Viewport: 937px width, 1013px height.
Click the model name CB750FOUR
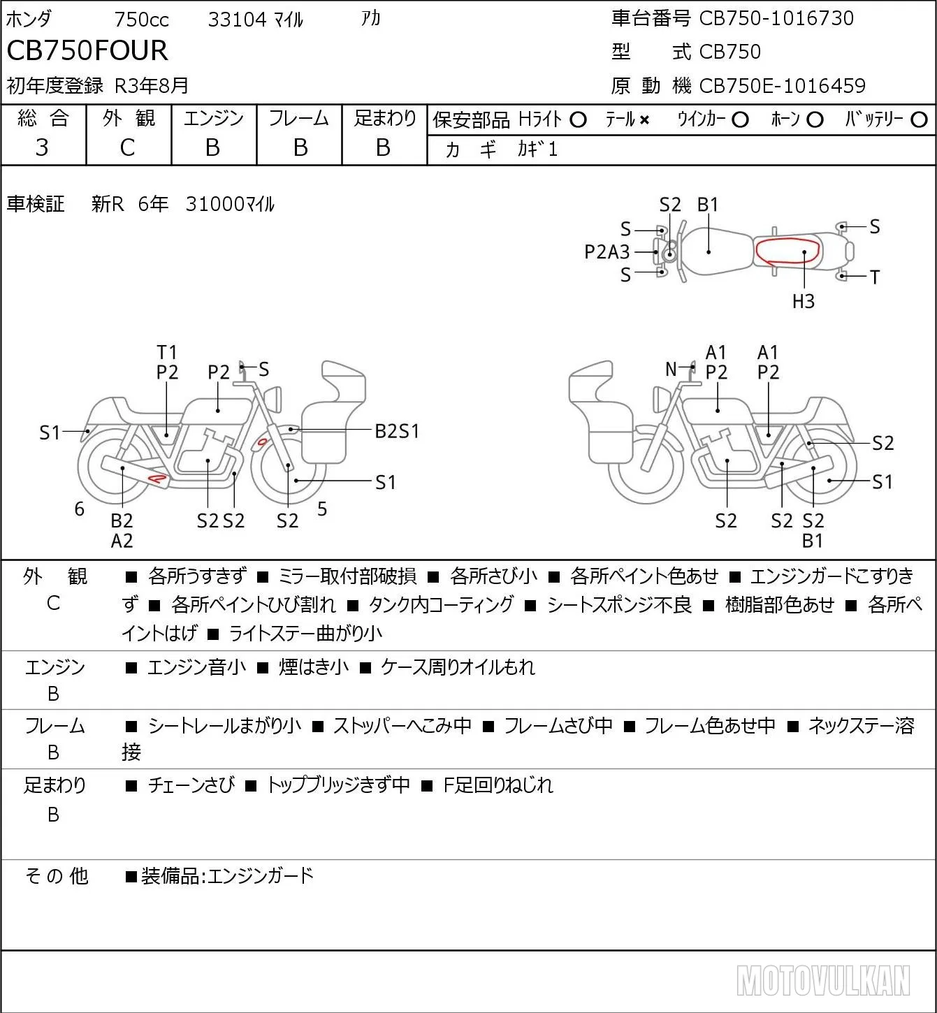coord(87,50)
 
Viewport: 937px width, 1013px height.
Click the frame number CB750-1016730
coord(776,18)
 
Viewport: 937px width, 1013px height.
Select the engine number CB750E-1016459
coord(783,86)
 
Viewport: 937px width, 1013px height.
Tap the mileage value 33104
coord(238,20)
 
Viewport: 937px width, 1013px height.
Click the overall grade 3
coord(42,147)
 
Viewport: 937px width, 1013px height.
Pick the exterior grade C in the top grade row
coord(127,147)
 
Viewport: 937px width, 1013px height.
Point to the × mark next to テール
coord(644,120)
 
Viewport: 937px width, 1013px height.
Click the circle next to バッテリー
coord(919,120)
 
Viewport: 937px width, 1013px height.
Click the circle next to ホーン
coord(815,120)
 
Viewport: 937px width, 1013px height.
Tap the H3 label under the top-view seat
coord(804,301)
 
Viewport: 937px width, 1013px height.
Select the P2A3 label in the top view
coord(606,252)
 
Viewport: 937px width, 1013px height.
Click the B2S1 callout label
coord(397,432)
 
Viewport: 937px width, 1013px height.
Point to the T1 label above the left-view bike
coord(167,352)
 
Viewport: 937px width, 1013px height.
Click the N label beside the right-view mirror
coord(671,369)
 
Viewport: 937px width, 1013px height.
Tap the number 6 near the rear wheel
coord(79,509)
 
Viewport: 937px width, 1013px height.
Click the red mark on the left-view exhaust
coord(157,479)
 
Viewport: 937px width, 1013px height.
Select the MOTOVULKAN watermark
coord(823,981)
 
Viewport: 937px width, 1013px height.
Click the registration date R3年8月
coord(152,86)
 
